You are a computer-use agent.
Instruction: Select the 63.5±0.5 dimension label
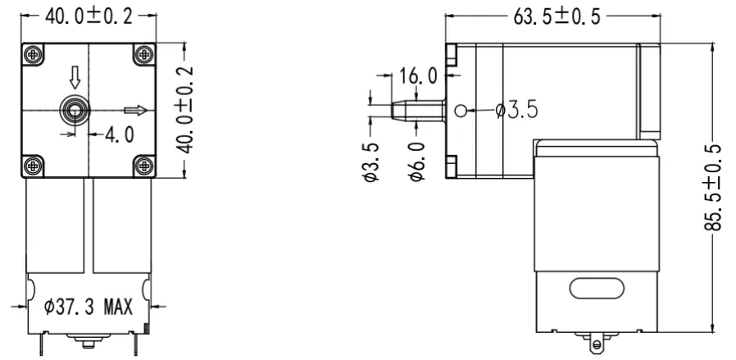tap(551, 17)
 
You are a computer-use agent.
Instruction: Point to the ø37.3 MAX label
tap(89, 308)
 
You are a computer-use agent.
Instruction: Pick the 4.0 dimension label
tap(119, 134)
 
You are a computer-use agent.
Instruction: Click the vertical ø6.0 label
tap(416, 161)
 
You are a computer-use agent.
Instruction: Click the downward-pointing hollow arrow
tap(75, 79)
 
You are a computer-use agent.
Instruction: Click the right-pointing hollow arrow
tap(137, 110)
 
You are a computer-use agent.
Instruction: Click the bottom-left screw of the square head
tap(33, 164)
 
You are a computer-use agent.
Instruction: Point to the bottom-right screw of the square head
tap(144, 164)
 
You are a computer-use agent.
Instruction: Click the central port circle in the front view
tap(75, 109)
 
